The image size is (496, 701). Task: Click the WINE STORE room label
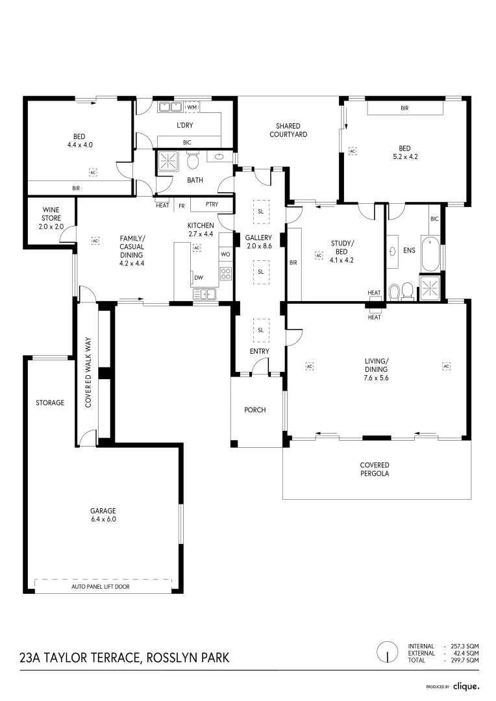[52, 218]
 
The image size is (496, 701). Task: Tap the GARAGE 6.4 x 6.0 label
[103, 514]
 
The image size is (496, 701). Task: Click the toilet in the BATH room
[192, 160]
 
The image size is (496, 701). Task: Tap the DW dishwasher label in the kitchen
[199, 278]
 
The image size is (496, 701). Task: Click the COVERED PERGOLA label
[375, 469]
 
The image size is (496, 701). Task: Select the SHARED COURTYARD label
[291, 130]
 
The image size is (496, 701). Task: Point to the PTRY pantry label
[212, 205]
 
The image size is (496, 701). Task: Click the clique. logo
[466, 685]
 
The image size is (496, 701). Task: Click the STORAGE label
[50, 402]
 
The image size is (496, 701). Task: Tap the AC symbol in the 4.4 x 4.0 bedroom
[93, 172]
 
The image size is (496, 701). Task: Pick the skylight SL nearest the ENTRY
[260, 330]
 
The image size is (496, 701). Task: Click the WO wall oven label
[225, 254]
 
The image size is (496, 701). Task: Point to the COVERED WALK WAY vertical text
[88, 379]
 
